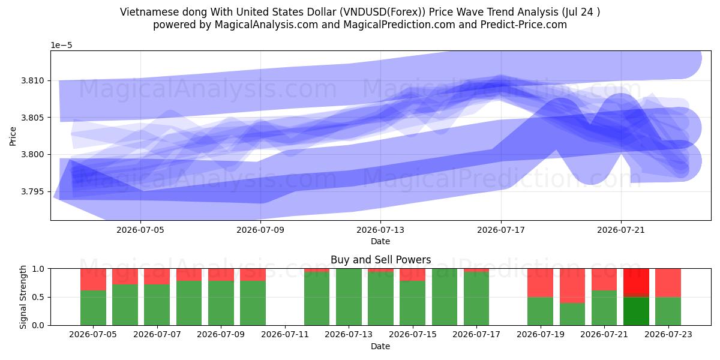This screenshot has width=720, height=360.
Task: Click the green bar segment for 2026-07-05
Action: pos(93,308)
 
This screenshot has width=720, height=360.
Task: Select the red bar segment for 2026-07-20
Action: pos(572,286)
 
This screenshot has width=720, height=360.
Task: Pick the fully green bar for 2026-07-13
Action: pos(349,297)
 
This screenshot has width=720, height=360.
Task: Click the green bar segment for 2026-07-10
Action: pos(253,303)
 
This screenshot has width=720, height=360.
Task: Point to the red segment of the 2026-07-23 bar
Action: pos(668,283)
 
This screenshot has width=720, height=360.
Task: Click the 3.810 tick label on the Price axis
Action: pos(32,80)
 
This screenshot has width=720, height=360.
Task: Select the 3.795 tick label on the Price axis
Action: pos(32,191)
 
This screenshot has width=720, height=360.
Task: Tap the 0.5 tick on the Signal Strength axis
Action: pos(38,297)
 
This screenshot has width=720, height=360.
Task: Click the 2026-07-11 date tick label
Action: pos(285,335)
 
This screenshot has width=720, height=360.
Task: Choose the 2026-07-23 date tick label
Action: pos(668,335)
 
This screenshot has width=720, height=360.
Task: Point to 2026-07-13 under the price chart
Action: pos(380,230)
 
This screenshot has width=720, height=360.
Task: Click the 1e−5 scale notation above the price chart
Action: pos(61,46)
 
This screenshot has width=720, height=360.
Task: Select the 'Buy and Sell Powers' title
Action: pos(380,260)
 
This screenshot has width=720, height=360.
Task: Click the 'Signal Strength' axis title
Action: pos(23,297)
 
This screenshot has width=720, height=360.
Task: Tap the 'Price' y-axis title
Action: pos(13,136)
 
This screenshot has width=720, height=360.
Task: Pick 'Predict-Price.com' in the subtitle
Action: pos(524,25)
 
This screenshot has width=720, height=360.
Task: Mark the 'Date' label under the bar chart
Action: pos(380,347)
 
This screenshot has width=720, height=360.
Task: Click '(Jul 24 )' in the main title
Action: pos(581,12)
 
